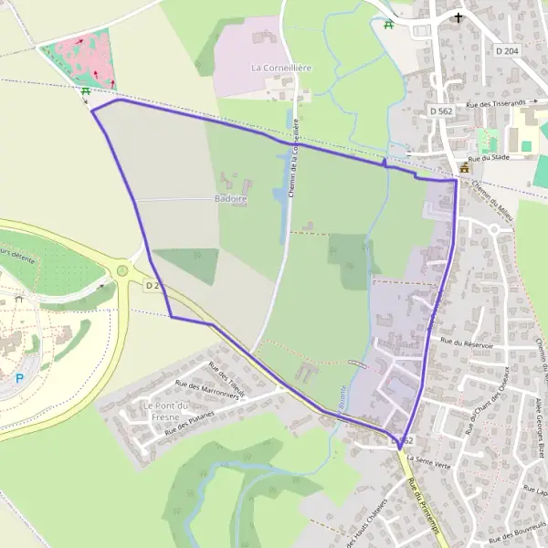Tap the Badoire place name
click(231, 197)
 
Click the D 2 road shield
click(153, 286)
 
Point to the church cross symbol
click(458, 16)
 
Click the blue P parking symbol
click(19, 378)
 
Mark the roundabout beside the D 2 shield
click(121, 270)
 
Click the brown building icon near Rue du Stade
click(464, 168)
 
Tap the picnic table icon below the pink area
click(85, 90)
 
